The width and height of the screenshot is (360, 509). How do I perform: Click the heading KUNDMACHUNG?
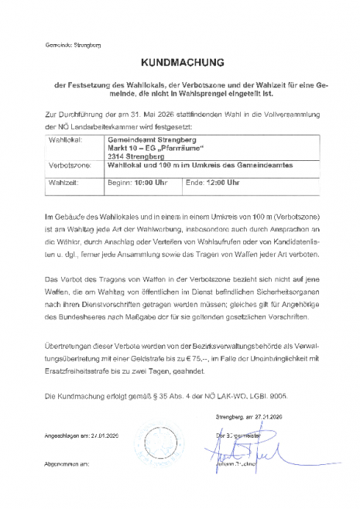[182, 60]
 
